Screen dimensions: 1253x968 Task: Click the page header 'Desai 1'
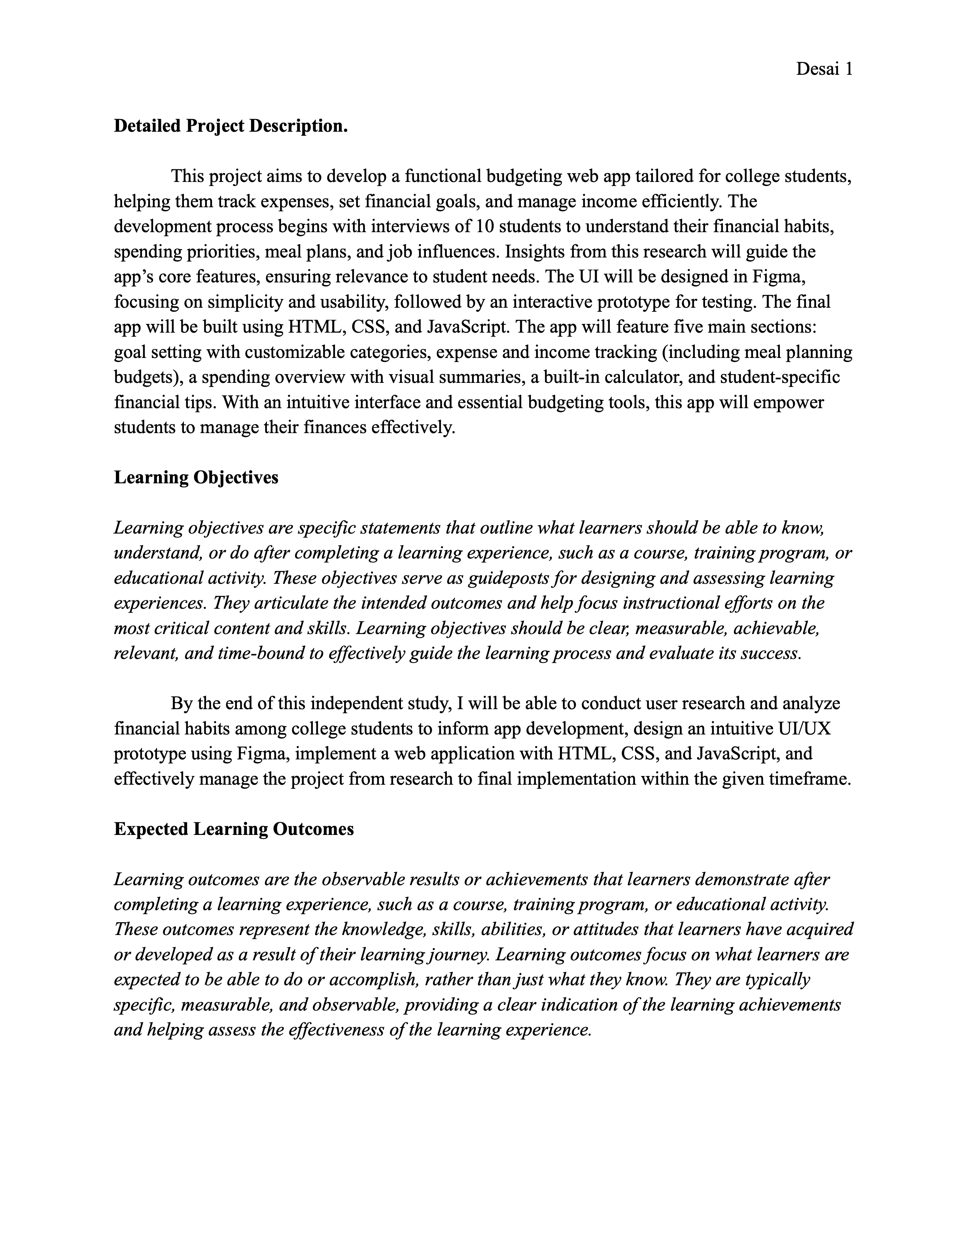tap(824, 70)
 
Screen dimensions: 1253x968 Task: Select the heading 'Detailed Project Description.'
tap(231, 126)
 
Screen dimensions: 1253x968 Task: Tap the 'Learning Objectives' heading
tap(196, 477)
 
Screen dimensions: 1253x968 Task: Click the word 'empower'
tap(788, 402)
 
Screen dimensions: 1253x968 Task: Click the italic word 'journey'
tap(458, 955)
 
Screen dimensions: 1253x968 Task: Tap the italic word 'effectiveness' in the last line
tap(335, 1030)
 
